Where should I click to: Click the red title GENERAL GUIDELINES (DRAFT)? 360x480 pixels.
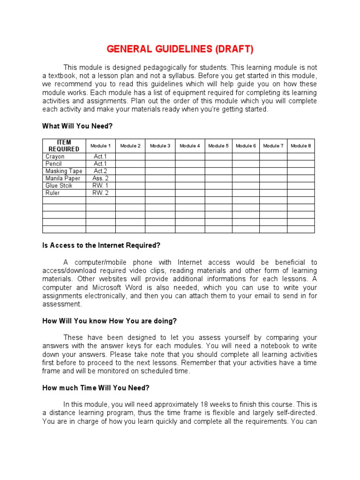[180, 49]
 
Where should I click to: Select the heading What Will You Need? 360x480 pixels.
[77, 126]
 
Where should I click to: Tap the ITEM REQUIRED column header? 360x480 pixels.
[64, 146]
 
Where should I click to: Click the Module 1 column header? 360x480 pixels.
[100, 146]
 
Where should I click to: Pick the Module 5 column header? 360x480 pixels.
[218, 146]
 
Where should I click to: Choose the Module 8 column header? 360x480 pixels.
[300, 146]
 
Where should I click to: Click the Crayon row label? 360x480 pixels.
[55, 157]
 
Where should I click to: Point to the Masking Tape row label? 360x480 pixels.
[63, 171]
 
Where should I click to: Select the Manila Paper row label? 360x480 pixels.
[62, 179]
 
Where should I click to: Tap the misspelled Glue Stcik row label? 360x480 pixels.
[59, 186]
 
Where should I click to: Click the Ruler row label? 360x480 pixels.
[52, 193]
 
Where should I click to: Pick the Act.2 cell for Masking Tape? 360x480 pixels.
[100, 171]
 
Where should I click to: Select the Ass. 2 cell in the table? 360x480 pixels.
[100, 179]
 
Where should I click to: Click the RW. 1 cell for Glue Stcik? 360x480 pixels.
[100, 186]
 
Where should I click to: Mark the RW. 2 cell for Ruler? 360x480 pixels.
[100, 193]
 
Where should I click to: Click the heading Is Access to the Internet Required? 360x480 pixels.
[101, 245]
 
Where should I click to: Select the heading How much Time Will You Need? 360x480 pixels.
[96, 388]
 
